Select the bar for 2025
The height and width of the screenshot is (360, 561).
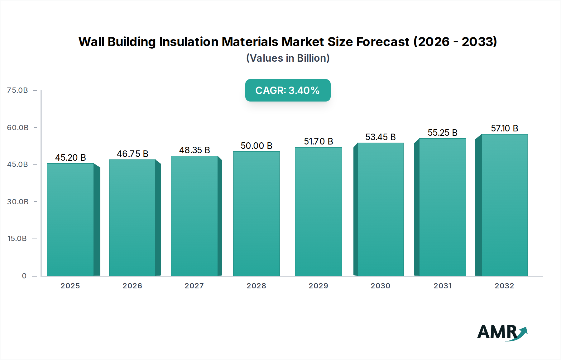[x=70, y=220]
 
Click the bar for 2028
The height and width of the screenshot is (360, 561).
[x=256, y=214]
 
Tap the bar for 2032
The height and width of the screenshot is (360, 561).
[x=504, y=205]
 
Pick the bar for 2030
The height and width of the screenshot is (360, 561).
[x=380, y=209]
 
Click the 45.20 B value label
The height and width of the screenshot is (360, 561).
[x=70, y=158]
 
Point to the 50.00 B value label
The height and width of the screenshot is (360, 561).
[x=256, y=146]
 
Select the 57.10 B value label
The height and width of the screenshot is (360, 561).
[x=504, y=128]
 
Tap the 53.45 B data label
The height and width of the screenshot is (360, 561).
[x=380, y=137]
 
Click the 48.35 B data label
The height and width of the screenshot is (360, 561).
[x=194, y=150]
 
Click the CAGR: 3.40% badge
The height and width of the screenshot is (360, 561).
[x=288, y=90]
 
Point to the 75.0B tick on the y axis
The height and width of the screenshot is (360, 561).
[x=17, y=90]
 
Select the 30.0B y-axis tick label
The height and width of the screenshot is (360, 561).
[x=17, y=202]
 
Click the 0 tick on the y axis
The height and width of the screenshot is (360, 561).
[x=24, y=276]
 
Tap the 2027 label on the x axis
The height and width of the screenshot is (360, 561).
[x=194, y=286]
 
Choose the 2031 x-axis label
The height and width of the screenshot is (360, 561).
[x=443, y=286]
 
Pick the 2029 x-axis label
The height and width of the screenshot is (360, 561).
[x=318, y=286]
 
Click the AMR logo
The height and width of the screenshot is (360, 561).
[x=502, y=333]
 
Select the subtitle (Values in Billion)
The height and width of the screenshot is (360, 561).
[x=288, y=58]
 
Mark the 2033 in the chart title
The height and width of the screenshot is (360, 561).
[x=479, y=42]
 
